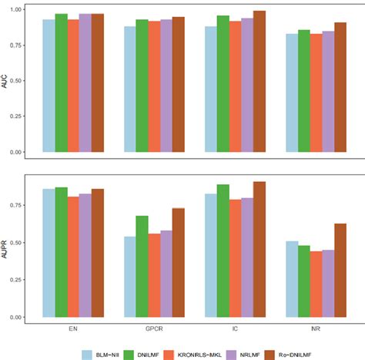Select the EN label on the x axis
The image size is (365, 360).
point(73,327)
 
